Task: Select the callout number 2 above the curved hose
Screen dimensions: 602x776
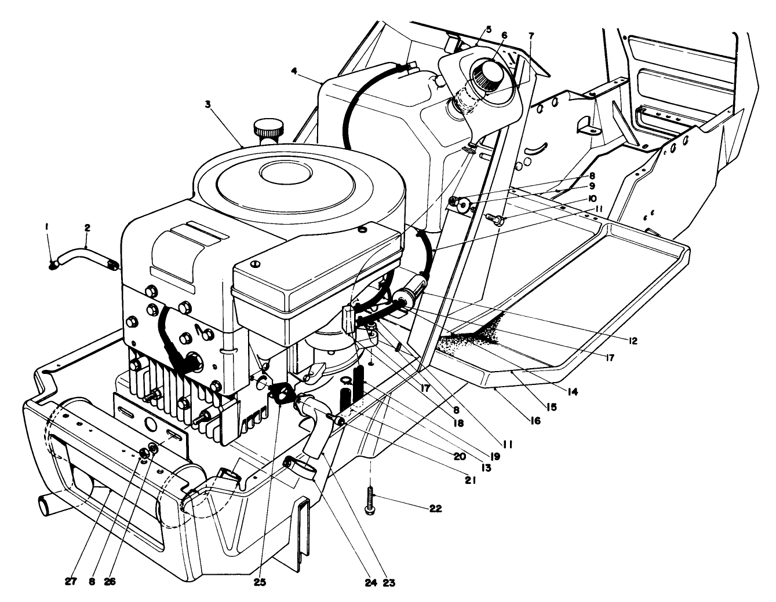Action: [87, 228]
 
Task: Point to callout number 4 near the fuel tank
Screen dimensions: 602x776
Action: [294, 71]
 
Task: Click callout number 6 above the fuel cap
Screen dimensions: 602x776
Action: [504, 35]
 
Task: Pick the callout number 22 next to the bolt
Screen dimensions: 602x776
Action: [435, 509]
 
